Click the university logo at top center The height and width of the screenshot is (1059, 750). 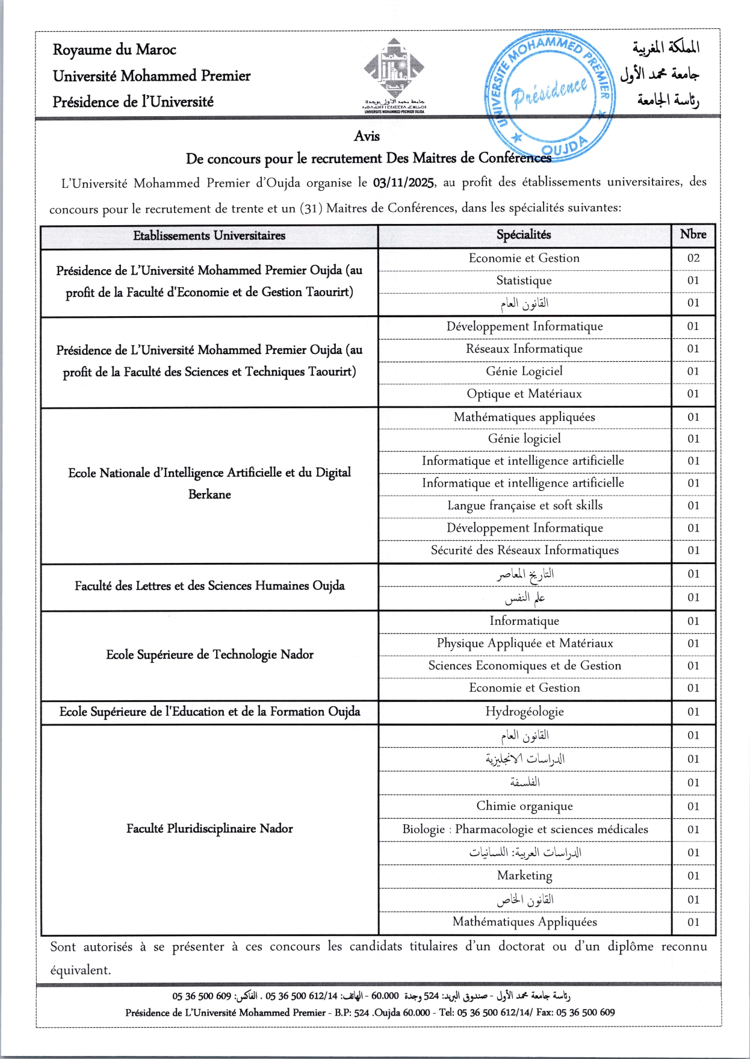coord(394,72)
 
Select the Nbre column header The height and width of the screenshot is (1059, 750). coord(693,235)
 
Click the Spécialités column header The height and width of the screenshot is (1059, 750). coord(524,235)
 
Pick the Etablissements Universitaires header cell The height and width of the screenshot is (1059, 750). coord(209,236)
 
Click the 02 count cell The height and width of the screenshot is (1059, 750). coord(693,258)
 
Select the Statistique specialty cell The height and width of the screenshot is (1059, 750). coord(524,281)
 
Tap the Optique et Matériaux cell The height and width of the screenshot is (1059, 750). coord(524,394)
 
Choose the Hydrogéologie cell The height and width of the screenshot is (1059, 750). coord(524,712)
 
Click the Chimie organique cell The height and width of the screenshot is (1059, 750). coord(524,806)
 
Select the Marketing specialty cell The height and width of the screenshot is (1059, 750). coord(524,875)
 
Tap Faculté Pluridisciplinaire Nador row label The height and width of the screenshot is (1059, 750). coord(209,829)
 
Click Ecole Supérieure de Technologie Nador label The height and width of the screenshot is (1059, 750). coord(209,655)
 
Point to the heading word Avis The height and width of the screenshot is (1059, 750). coord(367,137)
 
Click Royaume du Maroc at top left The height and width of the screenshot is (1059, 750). coord(114,50)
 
